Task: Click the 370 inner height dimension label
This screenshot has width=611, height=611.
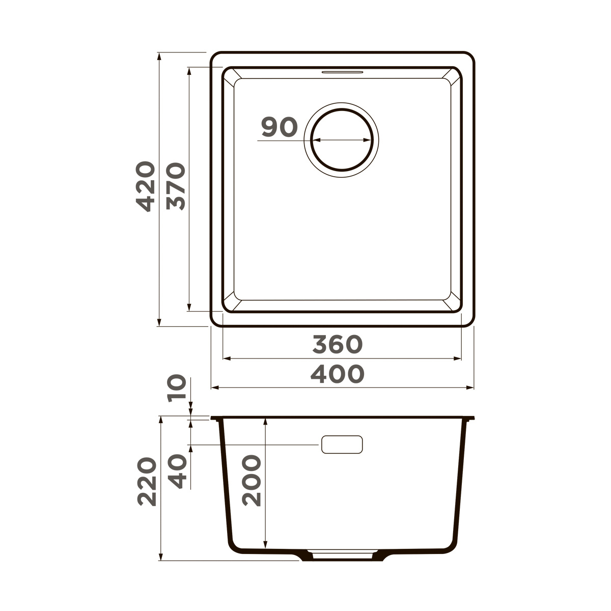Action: point(176,186)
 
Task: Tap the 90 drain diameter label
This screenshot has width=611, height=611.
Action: point(279,127)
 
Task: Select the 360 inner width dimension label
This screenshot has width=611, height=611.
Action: point(337,345)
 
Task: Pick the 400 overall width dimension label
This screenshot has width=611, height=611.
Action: point(337,375)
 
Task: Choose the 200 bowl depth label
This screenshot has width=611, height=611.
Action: point(251,481)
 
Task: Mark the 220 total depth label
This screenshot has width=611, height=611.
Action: point(147,482)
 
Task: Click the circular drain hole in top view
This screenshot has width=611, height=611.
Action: point(342,140)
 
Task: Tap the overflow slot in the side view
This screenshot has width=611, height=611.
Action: point(342,445)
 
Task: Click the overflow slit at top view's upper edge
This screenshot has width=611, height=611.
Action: point(342,72)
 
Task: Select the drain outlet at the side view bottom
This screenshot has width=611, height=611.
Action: point(342,554)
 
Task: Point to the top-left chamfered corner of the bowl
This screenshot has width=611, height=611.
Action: point(232,78)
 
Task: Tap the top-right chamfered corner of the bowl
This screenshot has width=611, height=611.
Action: point(452,78)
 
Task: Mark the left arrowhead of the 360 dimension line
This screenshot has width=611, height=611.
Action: point(227,358)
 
